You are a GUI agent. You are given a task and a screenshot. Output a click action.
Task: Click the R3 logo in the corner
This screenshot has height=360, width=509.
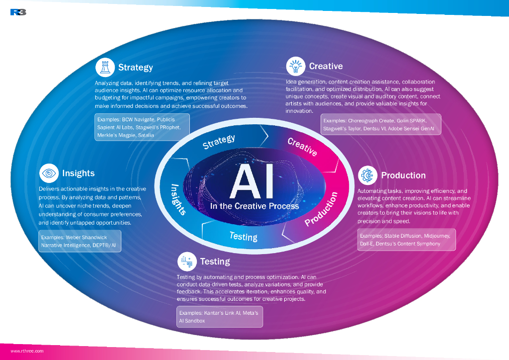[x=18, y=12]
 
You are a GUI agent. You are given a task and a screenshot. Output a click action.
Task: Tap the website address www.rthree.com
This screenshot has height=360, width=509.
[x=27, y=351]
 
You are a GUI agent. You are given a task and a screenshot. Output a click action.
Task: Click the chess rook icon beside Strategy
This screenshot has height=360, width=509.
[x=105, y=67]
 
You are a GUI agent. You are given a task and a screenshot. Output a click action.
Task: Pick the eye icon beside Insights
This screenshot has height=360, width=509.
[x=49, y=173]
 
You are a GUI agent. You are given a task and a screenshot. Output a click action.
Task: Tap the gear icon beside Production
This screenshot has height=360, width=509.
[x=367, y=175]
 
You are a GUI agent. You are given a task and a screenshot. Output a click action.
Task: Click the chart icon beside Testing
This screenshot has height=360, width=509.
[x=187, y=261]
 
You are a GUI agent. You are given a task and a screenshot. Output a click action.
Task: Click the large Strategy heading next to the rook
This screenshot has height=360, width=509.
[x=135, y=67]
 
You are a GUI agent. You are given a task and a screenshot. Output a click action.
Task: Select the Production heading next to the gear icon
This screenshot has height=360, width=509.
[x=403, y=175]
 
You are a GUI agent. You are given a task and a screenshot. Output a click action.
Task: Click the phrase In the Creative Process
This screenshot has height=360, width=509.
[x=254, y=206]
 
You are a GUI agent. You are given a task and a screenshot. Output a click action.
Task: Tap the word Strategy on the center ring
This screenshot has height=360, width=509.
[x=219, y=141]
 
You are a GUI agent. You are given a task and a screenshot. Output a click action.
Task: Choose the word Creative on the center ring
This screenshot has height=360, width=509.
[x=302, y=147]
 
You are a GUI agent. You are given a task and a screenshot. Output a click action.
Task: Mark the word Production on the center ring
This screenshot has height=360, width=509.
[x=321, y=209]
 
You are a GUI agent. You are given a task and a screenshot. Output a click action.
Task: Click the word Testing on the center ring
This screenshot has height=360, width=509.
[x=244, y=236]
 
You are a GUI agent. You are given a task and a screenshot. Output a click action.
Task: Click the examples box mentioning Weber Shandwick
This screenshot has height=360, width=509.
[x=80, y=241]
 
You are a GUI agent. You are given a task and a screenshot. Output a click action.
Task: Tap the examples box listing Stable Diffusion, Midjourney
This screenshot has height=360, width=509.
[x=406, y=239]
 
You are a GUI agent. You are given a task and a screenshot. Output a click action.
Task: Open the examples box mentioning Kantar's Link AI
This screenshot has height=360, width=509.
[x=220, y=317]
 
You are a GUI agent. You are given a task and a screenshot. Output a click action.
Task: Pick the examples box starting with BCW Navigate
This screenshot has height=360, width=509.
[x=142, y=127]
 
